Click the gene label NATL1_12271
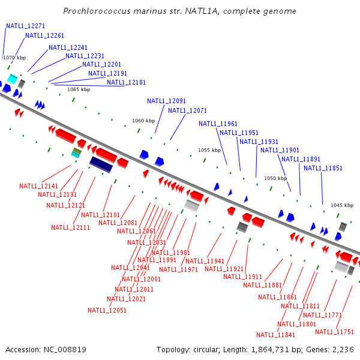(25, 26)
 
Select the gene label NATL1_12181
(126, 83)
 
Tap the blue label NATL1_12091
(166, 101)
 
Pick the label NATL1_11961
(218, 124)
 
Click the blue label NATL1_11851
(323, 169)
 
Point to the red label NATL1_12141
(38, 187)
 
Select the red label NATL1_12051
(107, 311)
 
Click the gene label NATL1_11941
(205, 262)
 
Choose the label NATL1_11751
(334, 332)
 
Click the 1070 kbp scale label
(14, 58)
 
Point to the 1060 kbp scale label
(143, 121)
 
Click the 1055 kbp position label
(209, 151)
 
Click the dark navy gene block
(101, 164)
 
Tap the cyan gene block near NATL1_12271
(12, 79)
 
